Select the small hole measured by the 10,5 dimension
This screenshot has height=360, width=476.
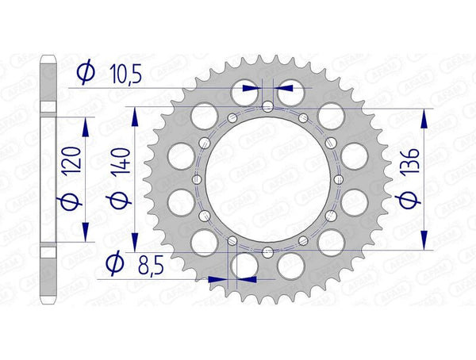(267, 106)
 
